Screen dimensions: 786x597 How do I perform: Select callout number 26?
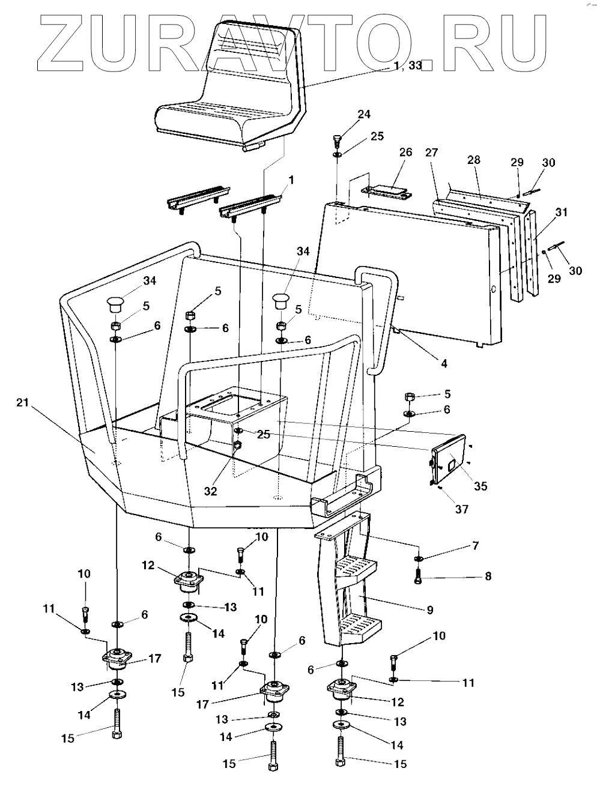point(405,153)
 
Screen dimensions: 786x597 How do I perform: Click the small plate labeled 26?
point(388,192)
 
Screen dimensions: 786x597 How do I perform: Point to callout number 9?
point(429,609)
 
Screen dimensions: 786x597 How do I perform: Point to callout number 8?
point(488,576)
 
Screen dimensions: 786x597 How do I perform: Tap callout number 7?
point(475,546)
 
